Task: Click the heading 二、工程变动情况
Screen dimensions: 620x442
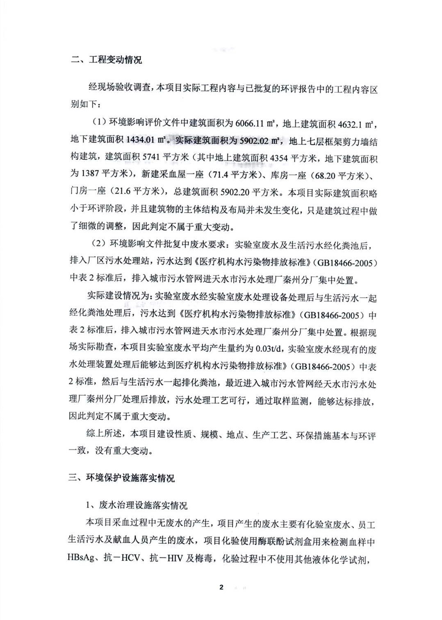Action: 106,60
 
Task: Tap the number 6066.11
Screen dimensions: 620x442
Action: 249,123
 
